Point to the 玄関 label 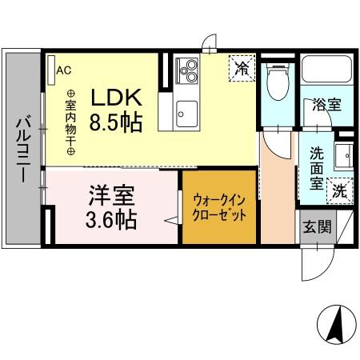314,226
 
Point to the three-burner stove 189,70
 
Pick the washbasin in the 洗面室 342,154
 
